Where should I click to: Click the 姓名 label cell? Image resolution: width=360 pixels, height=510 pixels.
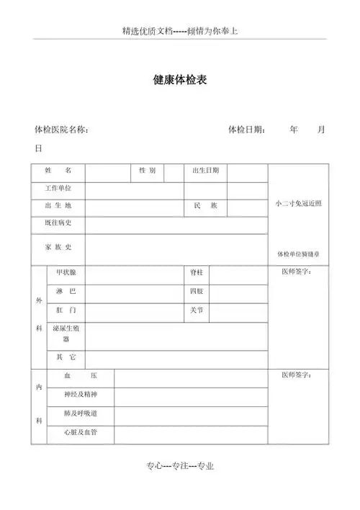(x=58, y=171)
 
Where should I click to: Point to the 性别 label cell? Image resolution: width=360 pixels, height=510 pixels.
(x=147, y=171)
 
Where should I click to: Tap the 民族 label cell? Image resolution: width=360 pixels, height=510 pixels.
(x=205, y=207)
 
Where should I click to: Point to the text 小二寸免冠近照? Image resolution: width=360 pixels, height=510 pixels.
(x=298, y=204)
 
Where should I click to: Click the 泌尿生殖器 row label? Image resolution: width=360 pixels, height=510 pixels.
(x=66, y=332)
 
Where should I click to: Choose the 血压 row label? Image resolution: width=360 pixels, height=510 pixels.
(x=79, y=377)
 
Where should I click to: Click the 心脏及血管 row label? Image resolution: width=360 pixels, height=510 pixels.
(x=79, y=433)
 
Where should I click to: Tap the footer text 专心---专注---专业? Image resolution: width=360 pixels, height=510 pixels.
(x=180, y=467)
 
